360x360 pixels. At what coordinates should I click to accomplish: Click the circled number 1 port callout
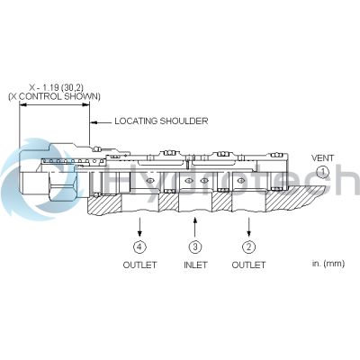tap(323, 172)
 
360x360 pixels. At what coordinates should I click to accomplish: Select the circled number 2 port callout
tap(248, 247)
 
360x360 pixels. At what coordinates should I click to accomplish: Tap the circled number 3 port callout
tap(195, 247)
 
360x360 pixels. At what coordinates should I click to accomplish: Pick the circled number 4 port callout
tap(139, 247)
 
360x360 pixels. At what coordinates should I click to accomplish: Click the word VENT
tap(322, 157)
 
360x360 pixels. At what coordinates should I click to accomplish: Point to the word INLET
tap(195, 265)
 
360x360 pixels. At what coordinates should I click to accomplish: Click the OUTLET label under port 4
tap(139, 265)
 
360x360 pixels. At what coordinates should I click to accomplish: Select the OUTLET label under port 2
tap(248, 265)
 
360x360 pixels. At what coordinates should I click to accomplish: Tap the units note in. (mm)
tap(328, 264)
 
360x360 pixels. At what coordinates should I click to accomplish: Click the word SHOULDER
tap(184, 121)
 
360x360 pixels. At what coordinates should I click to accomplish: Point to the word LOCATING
tap(136, 121)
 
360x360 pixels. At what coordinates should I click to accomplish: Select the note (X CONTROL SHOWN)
tap(54, 96)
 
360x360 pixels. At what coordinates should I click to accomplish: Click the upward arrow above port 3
tap(195, 228)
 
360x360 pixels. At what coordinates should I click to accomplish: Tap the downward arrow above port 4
tap(139, 228)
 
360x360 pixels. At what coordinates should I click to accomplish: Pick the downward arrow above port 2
tap(248, 228)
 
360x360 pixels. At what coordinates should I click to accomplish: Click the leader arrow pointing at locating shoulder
tap(101, 122)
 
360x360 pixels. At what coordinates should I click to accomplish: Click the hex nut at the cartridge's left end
tap(62, 186)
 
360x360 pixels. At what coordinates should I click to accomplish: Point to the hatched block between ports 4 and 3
tap(168, 202)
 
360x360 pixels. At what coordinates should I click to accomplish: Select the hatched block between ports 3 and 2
tap(222, 202)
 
